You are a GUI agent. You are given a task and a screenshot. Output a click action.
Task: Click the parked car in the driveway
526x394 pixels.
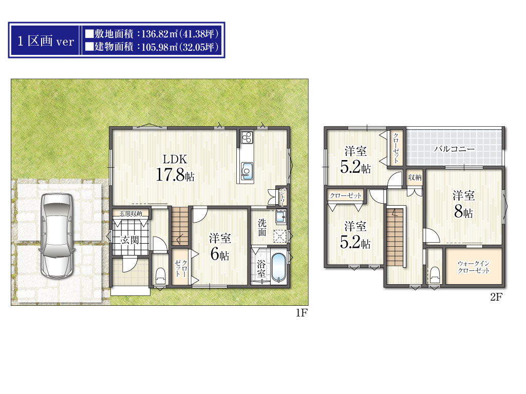pyautogui.click(x=57, y=235)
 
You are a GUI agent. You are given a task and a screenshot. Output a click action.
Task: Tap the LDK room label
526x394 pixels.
pyautogui.click(x=175, y=159)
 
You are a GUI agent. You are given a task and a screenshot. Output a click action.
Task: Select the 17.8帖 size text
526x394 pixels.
pyautogui.click(x=175, y=174)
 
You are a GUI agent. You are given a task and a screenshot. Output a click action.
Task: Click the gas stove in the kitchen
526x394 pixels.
pyautogui.click(x=247, y=137)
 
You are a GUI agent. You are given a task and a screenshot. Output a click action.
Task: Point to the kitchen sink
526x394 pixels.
pyautogui.click(x=247, y=171)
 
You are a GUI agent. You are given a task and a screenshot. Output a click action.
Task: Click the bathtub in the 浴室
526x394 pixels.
pyautogui.click(x=278, y=267)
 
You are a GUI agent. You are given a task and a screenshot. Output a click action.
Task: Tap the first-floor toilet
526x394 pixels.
pyautogui.click(x=160, y=275)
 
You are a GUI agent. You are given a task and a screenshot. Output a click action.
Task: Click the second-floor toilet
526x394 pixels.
pyautogui.click(x=435, y=275)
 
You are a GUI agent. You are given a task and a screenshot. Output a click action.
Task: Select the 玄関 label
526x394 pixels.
pyautogui.click(x=130, y=240)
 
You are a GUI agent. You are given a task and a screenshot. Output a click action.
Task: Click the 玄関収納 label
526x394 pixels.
pyautogui.click(x=131, y=213)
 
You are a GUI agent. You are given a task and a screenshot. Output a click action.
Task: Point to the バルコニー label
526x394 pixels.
pyautogui.click(x=455, y=149)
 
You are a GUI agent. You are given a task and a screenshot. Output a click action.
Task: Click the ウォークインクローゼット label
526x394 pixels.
pyautogui.click(x=474, y=267)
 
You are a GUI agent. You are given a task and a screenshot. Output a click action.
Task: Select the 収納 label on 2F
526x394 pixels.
pyautogui.click(x=415, y=177)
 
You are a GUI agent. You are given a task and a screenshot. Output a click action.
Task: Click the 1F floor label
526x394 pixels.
pyautogui.click(x=302, y=312)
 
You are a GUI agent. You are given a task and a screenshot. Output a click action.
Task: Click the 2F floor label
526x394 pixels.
pyautogui.click(x=496, y=297)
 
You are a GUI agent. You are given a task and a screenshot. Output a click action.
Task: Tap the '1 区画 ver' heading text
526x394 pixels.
pyautogui.click(x=46, y=41)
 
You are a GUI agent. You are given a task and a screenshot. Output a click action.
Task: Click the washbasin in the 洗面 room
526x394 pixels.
pyautogui.click(x=281, y=217)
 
